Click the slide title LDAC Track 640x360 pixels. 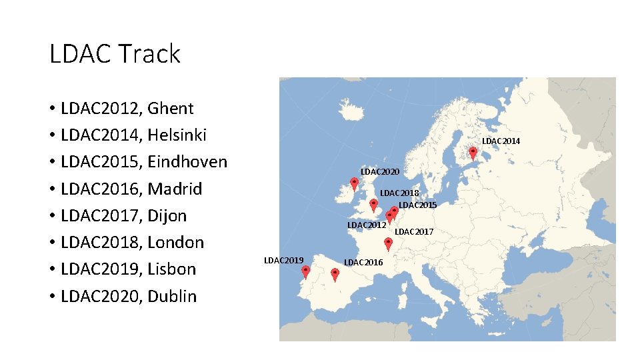(x=115, y=54)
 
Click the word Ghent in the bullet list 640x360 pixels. (x=171, y=108)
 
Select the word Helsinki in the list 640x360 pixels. (x=177, y=135)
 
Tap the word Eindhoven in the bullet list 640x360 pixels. (x=187, y=162)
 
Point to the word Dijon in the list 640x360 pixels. (x=167, y=216)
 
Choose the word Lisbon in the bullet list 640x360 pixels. (x=172, y=269)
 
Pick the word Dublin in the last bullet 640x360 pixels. (x=172, y=296)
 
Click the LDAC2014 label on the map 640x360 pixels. (x=501, y=141)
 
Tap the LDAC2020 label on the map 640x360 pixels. (x=380, y=172)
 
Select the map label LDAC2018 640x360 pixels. (x=399, y=193)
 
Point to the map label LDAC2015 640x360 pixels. (x=417, y=205)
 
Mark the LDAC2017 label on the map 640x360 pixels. (x=414, y=232)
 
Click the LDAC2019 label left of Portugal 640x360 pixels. (x=284, y=260)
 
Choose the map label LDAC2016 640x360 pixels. (x=363, y=262)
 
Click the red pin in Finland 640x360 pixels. (x=473, y=153)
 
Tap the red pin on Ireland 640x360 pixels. (x=354, y=183)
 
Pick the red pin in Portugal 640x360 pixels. (x=305, y=271)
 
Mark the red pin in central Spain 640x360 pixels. (x=335, y=274)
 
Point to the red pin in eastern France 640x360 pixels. (x=388, y=244)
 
